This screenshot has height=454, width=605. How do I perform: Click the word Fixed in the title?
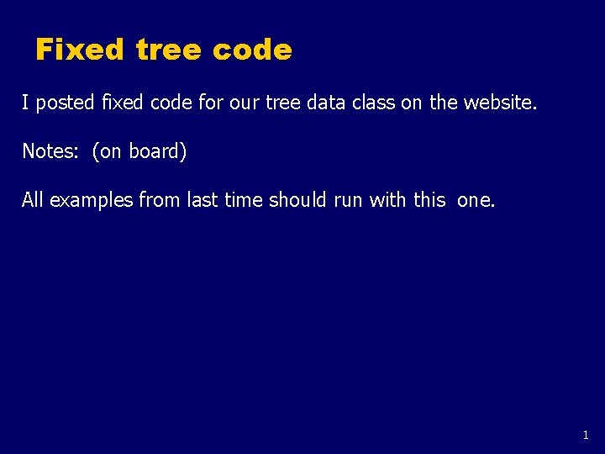[80, 50]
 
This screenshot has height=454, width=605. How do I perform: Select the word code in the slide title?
[252, 50]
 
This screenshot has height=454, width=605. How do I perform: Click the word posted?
[66, 103]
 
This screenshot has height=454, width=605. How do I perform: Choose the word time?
[244, 201]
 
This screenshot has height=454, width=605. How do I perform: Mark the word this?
[429, 201]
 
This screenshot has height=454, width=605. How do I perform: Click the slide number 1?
[586, 436]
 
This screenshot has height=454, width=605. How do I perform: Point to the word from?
[157, 201]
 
